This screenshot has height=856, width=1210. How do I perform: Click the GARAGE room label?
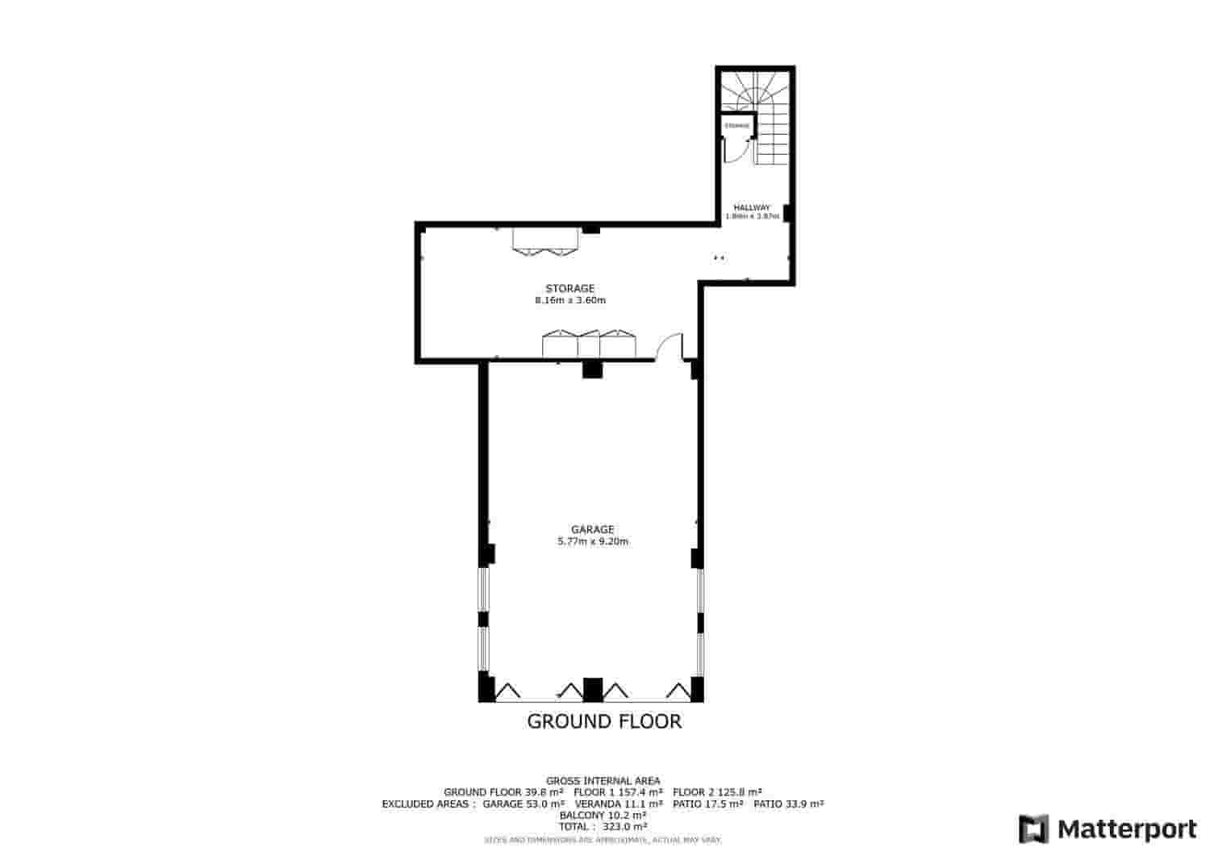tap(593, 529)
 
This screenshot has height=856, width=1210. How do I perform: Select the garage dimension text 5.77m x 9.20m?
tap(593, 541)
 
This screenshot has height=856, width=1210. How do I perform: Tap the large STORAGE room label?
tap(570, 288)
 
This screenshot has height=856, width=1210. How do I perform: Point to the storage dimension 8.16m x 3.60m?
tap(570, 300)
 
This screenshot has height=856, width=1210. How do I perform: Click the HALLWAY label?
tap(751, 207)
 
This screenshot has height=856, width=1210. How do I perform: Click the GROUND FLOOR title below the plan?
tap(604, 721)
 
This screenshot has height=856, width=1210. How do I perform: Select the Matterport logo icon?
tap(1033, 829)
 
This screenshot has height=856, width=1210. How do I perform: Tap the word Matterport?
tap(1127, 829)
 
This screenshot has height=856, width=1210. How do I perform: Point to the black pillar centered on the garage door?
tap(593, 689)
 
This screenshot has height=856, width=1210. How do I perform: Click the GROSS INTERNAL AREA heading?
tap(603, 780)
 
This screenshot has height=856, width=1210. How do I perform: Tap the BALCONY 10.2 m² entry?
tap(603, 815)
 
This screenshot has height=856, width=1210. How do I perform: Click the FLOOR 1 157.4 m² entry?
tap(618, 791)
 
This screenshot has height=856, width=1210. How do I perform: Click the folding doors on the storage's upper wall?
tap(546, 241)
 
